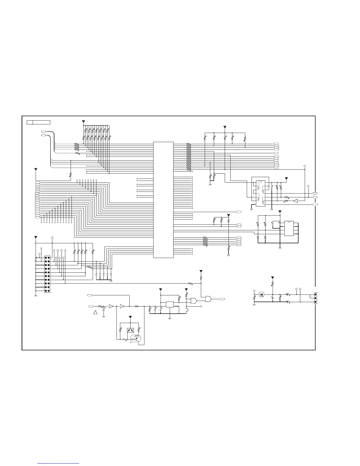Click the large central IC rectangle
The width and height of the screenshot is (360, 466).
pyautogui.click(x=163, y=200)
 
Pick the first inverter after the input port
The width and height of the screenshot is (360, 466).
pyautogui.click(x=111, y=306)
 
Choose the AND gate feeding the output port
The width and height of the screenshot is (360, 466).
pyautogui.click(x=208, y=299)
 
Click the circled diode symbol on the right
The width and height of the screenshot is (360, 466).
pyautogui.click(x=261, y=294)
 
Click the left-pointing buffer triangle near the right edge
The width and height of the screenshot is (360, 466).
pyautogui.click(x=296, y=201)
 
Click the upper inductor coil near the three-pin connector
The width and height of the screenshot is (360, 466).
pyautogui.click(x=288, y=294)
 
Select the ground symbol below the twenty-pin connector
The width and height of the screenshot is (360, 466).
pyautogui.click(x=36, y=295)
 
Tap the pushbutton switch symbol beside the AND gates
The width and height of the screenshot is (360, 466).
pyautogui.click(x=187, y=309)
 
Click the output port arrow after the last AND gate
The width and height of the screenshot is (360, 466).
pyautogui.click(x=222, y=299)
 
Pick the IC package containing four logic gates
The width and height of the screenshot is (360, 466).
pyautogui.click(x=260, y=192)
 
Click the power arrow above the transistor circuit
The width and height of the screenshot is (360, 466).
pyautogui.click(x=131, y=317)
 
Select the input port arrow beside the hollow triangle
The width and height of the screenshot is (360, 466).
pyautogui.click(x=91, y=306)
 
